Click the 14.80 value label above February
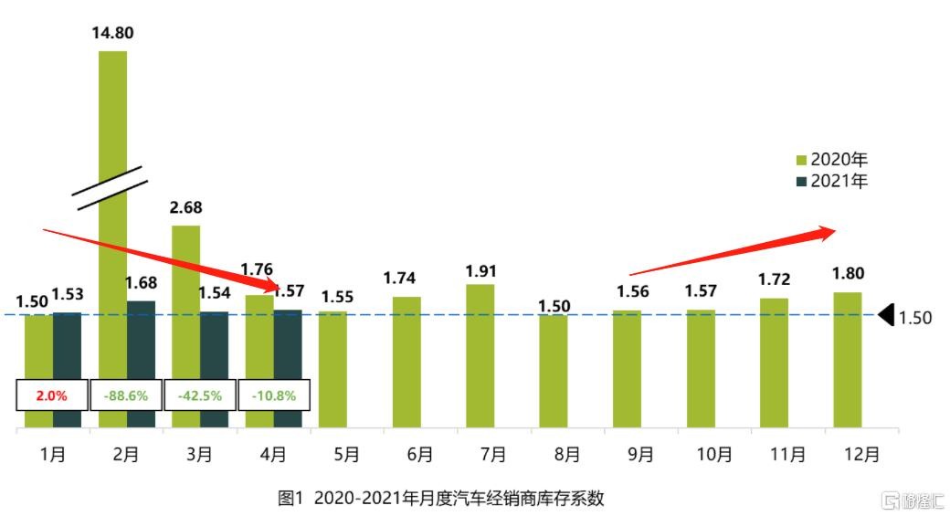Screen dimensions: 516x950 (x=111, y=34)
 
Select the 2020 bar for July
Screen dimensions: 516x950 (x=480, y=356)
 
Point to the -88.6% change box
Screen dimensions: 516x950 (x=126, y=395)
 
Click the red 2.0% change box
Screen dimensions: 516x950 (x=52, y=395)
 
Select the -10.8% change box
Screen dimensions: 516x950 (x=273, y=395)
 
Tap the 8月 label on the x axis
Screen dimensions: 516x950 (x=566, y=454)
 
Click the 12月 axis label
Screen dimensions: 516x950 (x=860, y=454)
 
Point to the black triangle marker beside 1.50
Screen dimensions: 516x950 (x=885, y=315)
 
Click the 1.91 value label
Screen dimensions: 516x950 (x=480, y=271)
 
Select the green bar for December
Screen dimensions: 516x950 (x=847, y=360)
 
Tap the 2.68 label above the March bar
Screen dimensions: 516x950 (x=185, y=207)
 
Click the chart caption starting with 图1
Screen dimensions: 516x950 (x=441, y=499)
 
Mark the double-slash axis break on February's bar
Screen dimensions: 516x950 (x=111, y=187)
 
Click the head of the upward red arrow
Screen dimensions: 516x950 (x=827, y=232)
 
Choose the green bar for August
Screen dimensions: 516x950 (x=553, y=371)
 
